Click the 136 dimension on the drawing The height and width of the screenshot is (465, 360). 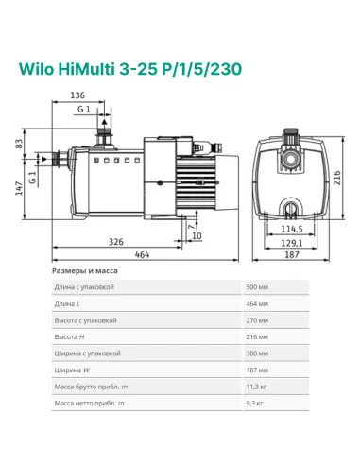tap(77, 95)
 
